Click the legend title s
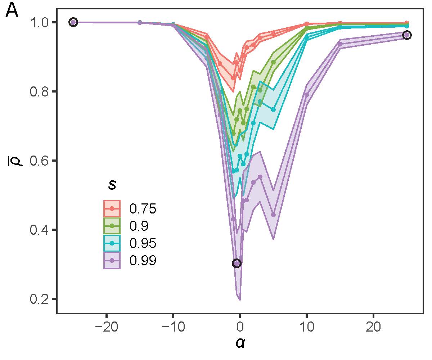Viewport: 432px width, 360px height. pyautogui.click(x=112, y=185)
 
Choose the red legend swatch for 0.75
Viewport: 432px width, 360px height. pyautogui.click(x=112, y=208)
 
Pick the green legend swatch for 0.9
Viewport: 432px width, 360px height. pyautogui.click(x=112, y=226)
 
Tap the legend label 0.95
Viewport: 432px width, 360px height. pyautogui.click(x=143, y=243)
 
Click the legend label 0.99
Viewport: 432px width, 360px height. pyautogui.click(x=143, y=261)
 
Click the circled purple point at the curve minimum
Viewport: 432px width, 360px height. pyautogui.click(x=237, y=263)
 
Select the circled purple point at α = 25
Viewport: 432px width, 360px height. pyautogui.click(x=407, y=35)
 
